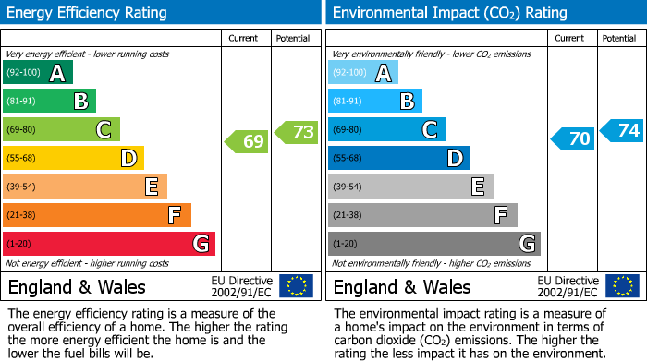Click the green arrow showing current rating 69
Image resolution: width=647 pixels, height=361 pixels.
[x=247, y=142]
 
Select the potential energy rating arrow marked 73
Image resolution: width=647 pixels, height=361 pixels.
[x=297, y=132]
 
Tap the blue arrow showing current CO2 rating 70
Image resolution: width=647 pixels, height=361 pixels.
[x=572, y=139]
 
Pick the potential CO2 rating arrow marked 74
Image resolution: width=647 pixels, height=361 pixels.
[x=622, y=130]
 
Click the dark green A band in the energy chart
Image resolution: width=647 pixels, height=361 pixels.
[x=38, y=73]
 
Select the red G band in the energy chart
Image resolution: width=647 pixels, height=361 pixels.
[x=109, y=244]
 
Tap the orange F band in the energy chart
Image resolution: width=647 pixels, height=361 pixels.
[x=97, y=215]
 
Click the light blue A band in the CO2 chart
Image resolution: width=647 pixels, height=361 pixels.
[x=363, y=73]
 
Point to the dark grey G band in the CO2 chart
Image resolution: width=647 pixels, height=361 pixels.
[x=434, y=244]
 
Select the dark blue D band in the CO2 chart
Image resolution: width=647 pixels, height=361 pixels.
[x=398, y=159]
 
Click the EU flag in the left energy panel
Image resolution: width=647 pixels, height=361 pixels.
[x=296, y=286]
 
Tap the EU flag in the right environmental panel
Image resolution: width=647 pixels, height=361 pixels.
[x=621, y=286]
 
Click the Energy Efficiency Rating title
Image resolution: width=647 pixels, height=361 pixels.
[x=89, y=13]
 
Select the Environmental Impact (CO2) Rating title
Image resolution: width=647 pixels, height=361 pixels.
[x=449, y=13]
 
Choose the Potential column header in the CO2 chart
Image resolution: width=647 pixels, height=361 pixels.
[x=619, y=38]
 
